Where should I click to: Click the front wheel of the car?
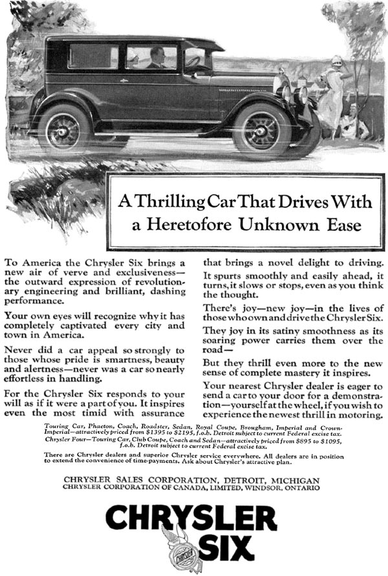click(x=262, y=131)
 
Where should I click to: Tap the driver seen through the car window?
click(x=156, y=59)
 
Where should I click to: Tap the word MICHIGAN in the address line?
click(x=292, y=480)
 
